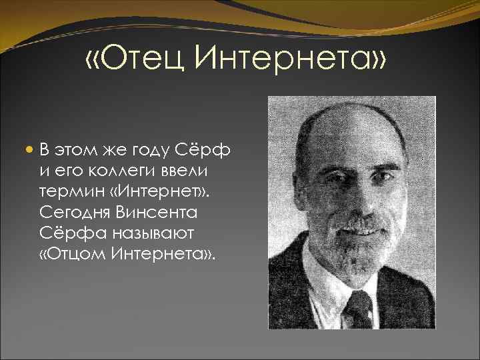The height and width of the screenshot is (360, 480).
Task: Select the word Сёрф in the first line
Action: point(210,149)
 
